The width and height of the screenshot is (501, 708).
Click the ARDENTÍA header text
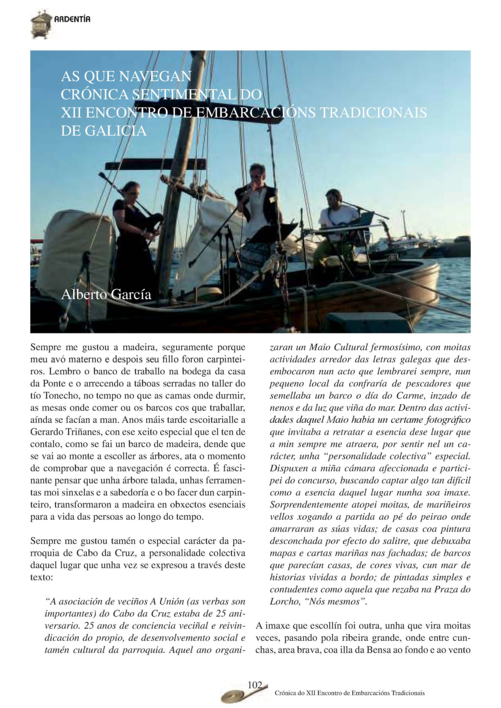(72, 19)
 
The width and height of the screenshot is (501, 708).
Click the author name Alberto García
(106, 294)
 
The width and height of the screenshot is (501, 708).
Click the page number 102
(255, 685)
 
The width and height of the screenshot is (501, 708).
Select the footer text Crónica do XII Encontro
(350, 693)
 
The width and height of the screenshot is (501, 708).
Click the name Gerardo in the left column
(46, 432)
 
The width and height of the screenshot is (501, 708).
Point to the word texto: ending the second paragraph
(42, 577)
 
